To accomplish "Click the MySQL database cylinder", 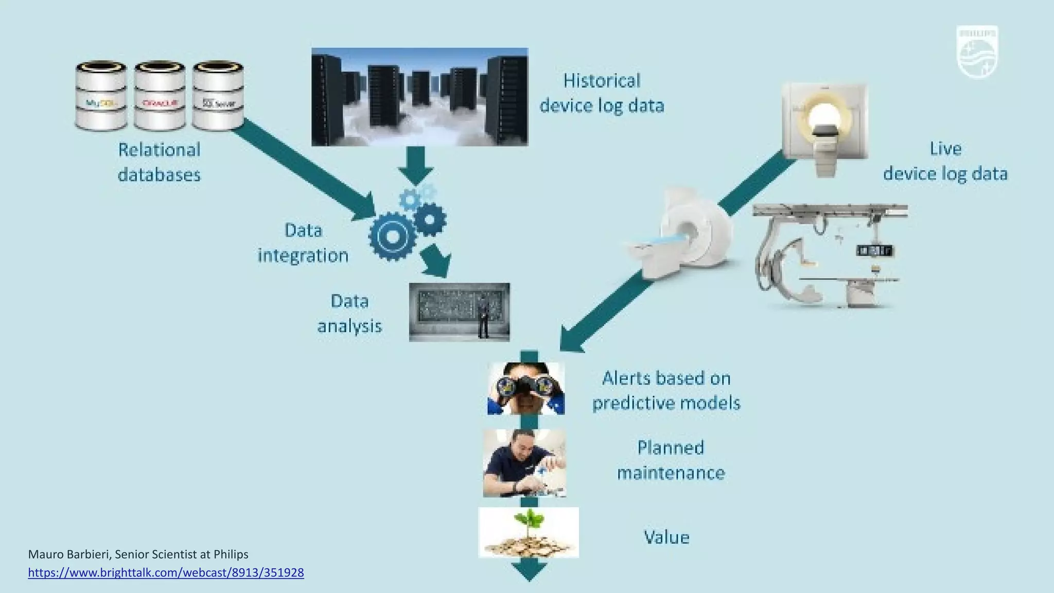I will pos(101,96).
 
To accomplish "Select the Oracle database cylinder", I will pos(160,96).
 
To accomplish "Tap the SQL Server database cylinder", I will pos(218,96).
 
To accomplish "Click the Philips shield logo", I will pos(977,52).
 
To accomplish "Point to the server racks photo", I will pos(419,97).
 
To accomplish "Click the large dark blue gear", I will pos(392,236).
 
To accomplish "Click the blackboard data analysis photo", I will pos(459,312).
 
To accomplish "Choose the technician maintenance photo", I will pos(524,463).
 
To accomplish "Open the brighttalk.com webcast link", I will pos(166,572).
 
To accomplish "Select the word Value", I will pos(666,537).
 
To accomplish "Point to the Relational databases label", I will pos(159,162).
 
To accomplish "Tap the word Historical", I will pos(602,81).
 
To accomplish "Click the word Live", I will pos(945,149).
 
